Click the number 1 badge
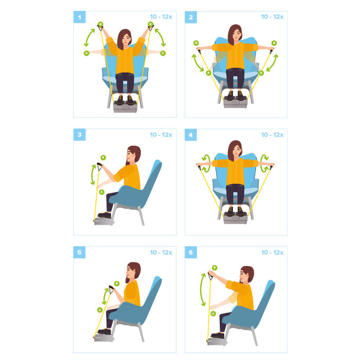pyautogui.click(x=79, y=17)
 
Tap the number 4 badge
pyautogui.click(x=191, y=135)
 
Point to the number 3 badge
pyautogui.click(x=79, y=135)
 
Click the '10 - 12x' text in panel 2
pyautogui.click(x=272, y=17)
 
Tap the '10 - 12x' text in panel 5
pyautogui.click(x=161, y=252)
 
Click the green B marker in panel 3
pyautogui.click(x=103, y=157)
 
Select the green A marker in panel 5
pyautogui.click(x=100, y=310)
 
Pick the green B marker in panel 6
pyautogui.click(x=214, y=267)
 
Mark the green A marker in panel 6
pyautogui.click(x=213, y=313)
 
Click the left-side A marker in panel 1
pyautogui.click(x=86, y=53)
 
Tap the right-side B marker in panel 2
pyautogui.click(x=274, y=43)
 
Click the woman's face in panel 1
pyautogui.click(x=124, y=39)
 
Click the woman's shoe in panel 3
pyautogui.click(x=105, y=215)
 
